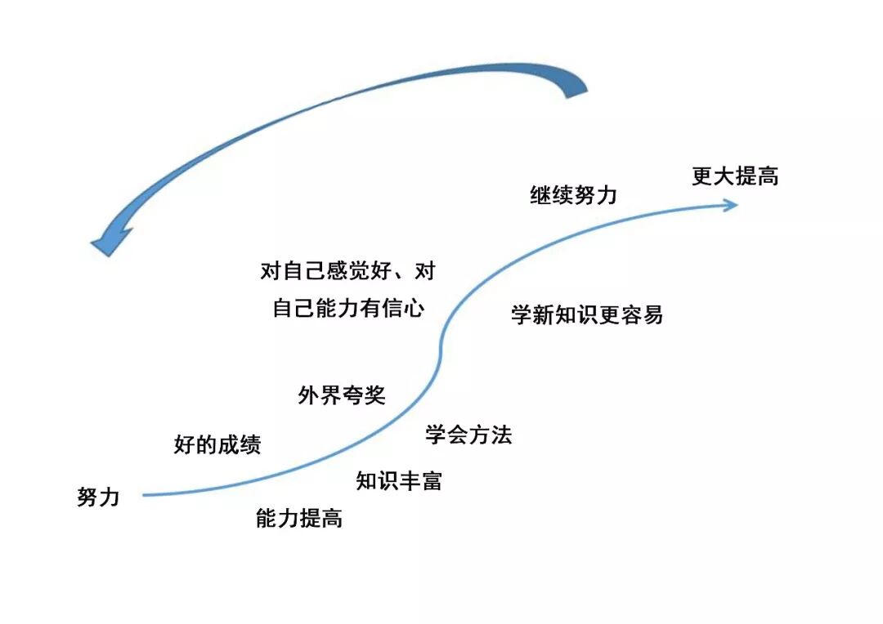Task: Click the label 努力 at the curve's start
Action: tap(98, 497)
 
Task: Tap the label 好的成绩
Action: tap(217, 445)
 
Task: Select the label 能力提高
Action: tap(298, 518)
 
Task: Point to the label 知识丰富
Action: tap(399, 480)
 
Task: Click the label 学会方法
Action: tap(468, 435)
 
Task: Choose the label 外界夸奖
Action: tap(342, 396)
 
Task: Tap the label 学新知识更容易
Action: tap(587, 315)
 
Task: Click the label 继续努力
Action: tap(573, 196)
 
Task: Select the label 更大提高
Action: tap(735, 176)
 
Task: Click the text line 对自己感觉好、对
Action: tap(347, 271)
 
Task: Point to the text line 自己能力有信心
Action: tap(348, 310)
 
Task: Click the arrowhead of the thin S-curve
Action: tap(730, 204)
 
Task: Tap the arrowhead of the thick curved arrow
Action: tap(108, 241)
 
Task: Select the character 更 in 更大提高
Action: tap(702, 176)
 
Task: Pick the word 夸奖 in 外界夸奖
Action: tap(364, 396)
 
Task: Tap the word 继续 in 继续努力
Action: tap(552, 196)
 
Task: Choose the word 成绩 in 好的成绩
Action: tap(239, 445)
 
